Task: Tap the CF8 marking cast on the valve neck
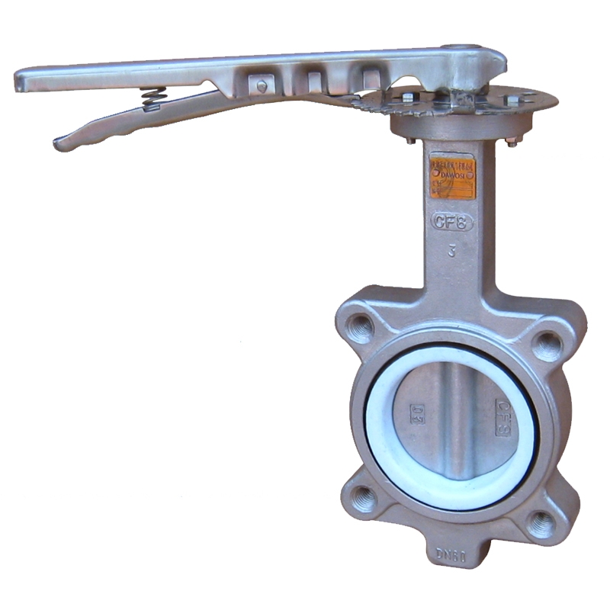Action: click(x=453, y=222)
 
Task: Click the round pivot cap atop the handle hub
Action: click(x=476, y=52)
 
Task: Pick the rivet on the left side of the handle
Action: click(x=262, y=86)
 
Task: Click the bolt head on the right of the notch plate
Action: click(x=512, y=99)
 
